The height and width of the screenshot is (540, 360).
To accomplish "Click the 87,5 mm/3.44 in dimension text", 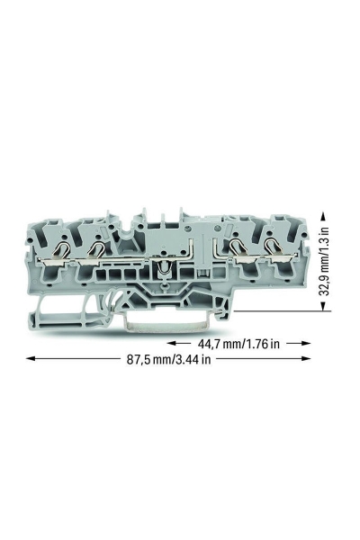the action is click(x=169, y=359).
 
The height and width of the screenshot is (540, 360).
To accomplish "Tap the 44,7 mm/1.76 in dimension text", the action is click(x=238, y=344).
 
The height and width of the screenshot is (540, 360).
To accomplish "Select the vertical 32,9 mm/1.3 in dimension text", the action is click(x=323, y=261).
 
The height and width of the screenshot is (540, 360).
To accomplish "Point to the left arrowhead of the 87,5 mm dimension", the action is click(x=31, y=358).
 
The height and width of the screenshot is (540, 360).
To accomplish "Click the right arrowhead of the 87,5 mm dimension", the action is click(x=306, y=358).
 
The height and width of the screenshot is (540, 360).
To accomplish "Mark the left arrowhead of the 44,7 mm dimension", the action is click(x=172, y=343).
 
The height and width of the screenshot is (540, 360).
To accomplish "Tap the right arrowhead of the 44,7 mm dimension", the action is click(x=306, y=343).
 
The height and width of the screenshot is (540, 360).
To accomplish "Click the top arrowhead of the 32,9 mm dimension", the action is click(x=323, y=216).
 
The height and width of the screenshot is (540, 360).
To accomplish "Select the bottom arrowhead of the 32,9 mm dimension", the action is click(x=323, y=306).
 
